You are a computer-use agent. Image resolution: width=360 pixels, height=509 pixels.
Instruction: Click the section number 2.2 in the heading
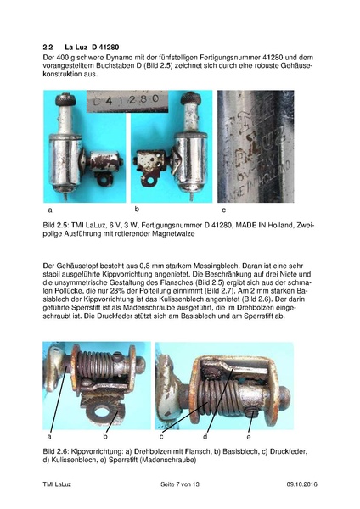coord(48,44)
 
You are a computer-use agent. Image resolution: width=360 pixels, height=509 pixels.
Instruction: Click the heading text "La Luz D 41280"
coord(97,44)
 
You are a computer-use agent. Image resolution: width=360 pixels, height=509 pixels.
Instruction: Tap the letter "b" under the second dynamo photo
coord(136,209)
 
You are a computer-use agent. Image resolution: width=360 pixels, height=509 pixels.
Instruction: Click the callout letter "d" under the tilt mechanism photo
coord(205,435)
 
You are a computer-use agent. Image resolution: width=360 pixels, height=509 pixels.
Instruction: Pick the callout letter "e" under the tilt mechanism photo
coord(260,435)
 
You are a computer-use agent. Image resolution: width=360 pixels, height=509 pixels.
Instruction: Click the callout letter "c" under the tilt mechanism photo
coord(160,435)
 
